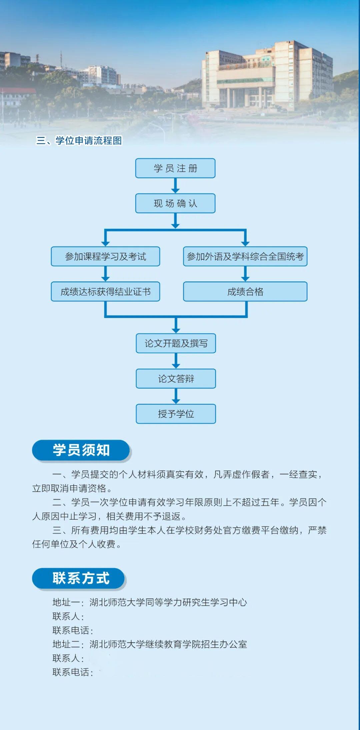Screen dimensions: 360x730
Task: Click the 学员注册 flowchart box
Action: click(x=175, y=168)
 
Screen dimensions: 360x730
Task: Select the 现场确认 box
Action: click(x=175, y=203)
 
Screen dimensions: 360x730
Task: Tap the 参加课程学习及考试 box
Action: click(x=105, y=256)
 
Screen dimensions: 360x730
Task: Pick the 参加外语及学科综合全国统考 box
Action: click(x=245, y=256)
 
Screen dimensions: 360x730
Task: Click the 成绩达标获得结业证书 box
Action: click(x=105, y=292)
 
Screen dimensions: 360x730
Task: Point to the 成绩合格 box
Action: click(x=245, y=292)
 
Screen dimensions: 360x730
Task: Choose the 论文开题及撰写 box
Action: click(x=176, y=343)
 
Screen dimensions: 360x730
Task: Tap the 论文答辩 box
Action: click(x=176, y=379)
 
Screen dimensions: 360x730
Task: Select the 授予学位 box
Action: click(x=176, y=414)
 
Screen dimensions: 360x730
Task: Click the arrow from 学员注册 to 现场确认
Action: click(x=175, y=186)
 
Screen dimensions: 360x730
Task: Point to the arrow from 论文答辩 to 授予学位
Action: click(x=176, y=396)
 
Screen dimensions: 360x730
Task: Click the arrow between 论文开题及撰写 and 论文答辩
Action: click(x=176, y=361)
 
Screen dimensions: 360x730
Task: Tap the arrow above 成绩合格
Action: click(x=245, y=274)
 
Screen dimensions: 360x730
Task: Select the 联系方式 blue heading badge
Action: click(x=78, y=578)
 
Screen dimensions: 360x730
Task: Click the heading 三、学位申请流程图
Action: click(x=79, y=140)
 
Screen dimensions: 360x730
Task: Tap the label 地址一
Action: click(x=66, y=602)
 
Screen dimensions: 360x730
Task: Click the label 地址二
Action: click(x=66, y=644)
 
